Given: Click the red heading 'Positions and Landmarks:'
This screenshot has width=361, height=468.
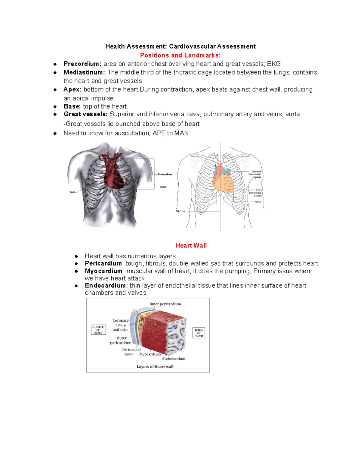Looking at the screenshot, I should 180,55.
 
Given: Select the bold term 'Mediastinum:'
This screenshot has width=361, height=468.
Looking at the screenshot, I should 84,72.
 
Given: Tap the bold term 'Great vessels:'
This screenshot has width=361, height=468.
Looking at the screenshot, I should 85,114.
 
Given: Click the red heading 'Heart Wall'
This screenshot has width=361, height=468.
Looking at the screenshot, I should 191,245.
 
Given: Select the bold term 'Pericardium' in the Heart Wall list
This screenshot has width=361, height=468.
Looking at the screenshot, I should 103,263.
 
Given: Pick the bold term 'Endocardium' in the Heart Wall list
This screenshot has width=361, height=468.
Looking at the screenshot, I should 105,285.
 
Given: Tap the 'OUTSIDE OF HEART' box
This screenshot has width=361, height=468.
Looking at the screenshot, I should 98,330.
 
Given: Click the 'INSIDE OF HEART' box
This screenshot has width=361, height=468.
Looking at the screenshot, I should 199,333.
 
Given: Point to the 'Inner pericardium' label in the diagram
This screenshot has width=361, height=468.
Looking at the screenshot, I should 165,304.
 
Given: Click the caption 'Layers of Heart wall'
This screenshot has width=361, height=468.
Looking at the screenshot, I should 155,367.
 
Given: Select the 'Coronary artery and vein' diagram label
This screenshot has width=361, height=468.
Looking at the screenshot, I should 120,325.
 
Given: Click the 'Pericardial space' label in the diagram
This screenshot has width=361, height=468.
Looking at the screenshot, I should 131,352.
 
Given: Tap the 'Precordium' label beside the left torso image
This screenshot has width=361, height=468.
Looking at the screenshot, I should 165,174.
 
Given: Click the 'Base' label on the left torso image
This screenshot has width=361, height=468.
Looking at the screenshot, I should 73,192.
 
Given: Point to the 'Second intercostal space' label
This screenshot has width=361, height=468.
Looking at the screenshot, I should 255,174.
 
